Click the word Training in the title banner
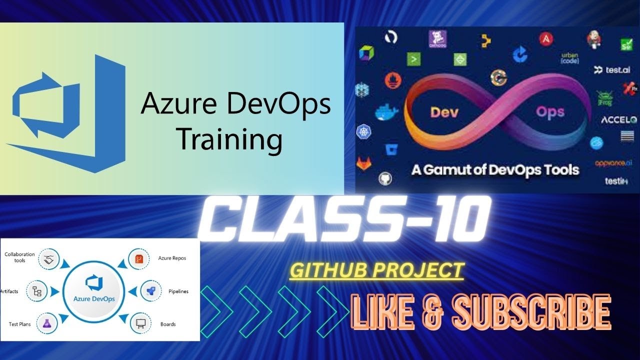[x=230, y=139]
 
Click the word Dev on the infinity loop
[x=445, y=112]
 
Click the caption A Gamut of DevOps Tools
[x=495, y=169]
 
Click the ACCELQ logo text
[x=618, y=120]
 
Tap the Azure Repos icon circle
[x=139, y=259]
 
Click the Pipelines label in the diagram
[x=178, y=291]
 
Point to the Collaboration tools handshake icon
[x=49, y=259]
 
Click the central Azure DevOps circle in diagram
[x=94, y=291]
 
